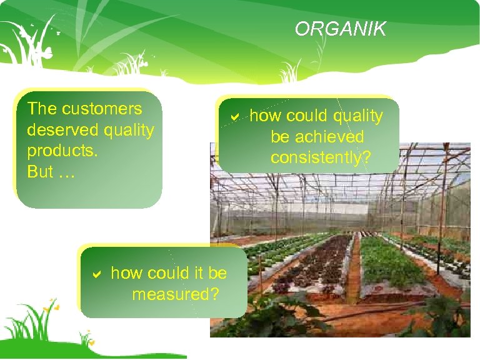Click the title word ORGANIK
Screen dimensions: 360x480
[x=341, y=29]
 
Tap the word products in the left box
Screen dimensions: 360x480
[x=53, y=151]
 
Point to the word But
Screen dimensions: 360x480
[x=39, y=172]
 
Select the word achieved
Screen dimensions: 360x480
[x=317, y=137]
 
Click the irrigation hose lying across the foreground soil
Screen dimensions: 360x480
[x=375, y=308]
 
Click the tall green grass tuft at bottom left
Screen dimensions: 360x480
[x=25, y=325]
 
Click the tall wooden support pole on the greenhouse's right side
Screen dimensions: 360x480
[x=442, y=206]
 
